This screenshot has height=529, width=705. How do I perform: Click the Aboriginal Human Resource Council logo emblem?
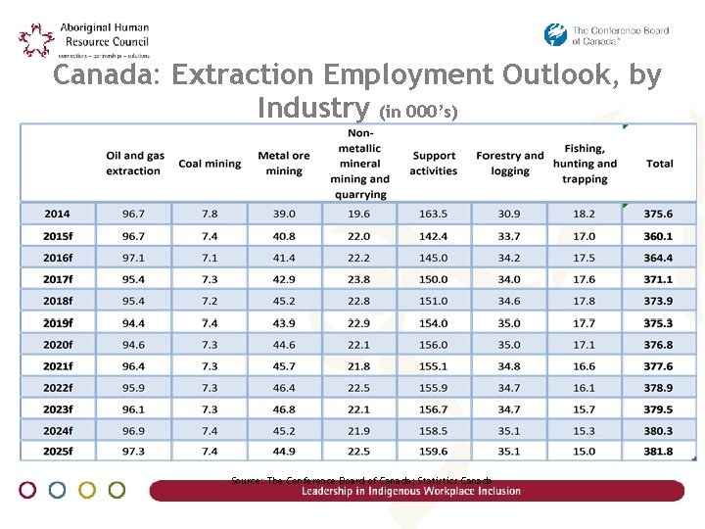37,40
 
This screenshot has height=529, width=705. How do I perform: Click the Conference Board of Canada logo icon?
556,35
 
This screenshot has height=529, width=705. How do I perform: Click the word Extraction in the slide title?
229,75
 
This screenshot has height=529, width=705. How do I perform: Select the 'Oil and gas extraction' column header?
134,164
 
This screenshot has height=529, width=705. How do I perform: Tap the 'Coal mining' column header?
210,164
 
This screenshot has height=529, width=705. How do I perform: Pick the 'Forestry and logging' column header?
509,164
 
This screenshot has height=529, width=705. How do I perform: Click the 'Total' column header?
659,164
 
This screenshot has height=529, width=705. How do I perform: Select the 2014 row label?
57,214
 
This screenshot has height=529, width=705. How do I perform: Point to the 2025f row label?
58,452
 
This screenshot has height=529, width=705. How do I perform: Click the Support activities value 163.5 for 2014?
433,214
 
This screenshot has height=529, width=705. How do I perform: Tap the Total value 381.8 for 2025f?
659,452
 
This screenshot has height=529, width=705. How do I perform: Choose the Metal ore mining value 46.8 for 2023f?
284,409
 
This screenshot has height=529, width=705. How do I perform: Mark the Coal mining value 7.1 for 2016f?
210,258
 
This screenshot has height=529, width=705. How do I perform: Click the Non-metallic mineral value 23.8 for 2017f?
359,279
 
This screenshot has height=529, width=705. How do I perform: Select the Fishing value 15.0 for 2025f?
585,452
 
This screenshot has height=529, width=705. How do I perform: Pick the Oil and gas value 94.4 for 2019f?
134,323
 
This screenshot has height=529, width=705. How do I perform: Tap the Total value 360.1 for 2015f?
659,236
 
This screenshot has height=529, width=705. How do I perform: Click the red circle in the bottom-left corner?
27,490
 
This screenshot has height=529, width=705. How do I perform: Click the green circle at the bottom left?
117,490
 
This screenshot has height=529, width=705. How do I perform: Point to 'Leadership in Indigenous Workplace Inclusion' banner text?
411,491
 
